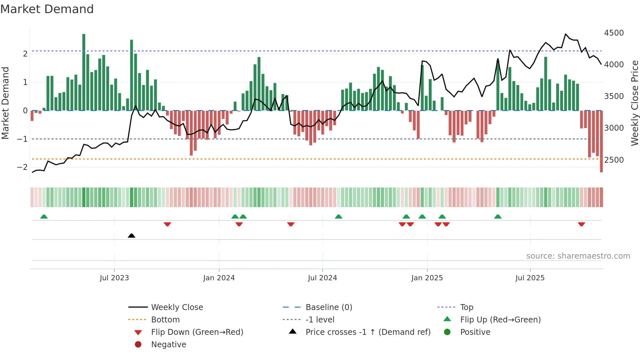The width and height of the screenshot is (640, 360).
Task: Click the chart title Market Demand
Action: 47,9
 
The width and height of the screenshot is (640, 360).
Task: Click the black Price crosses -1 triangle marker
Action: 132,236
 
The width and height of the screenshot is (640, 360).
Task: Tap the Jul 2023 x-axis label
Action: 114,278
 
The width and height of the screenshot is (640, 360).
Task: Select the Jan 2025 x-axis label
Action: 427,278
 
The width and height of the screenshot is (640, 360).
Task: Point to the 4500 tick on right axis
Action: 614,33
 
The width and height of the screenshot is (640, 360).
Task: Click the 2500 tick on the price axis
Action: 614,160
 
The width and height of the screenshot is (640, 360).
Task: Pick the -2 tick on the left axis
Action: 22,167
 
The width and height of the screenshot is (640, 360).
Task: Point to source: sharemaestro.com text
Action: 578,256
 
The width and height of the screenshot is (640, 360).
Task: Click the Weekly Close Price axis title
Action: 634,103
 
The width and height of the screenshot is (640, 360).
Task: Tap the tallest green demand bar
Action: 84,72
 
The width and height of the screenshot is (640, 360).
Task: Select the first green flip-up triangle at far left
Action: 44,217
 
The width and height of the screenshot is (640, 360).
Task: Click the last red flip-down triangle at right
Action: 581,224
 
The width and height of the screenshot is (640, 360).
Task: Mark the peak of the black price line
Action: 566,34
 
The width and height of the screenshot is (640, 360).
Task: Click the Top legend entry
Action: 467,307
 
